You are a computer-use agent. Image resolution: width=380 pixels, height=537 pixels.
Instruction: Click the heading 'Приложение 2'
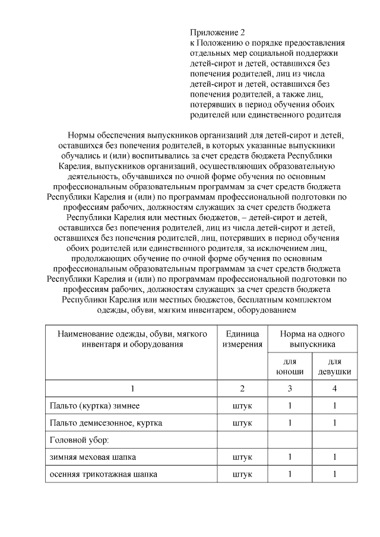(x=217, y=32)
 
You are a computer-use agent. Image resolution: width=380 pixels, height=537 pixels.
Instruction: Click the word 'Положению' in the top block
(x=219, y=43)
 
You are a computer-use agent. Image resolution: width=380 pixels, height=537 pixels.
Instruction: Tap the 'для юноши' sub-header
(x=290, y=367)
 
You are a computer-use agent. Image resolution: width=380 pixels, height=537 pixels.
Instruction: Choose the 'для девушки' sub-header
(x=335, y=367)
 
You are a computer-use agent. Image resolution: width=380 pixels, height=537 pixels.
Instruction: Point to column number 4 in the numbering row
(x=335, y=389)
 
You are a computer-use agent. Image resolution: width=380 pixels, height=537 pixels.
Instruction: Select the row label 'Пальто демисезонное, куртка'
(x=106, y=423)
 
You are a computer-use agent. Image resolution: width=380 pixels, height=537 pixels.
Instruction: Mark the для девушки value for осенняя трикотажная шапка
(x=335, y=475)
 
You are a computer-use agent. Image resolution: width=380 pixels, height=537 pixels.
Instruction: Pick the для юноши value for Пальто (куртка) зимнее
(x=290, y=406)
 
